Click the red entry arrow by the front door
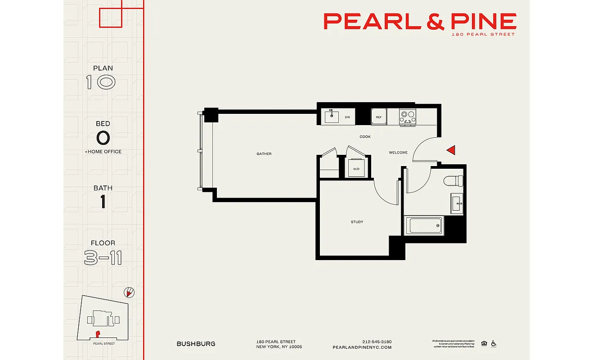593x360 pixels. click(x=451, y=150)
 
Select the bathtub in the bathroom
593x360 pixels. click(x=424, y=225)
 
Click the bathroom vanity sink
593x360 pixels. click(x=457, y=203)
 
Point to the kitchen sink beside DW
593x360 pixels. click(x=332, y=117)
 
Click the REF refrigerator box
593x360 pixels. click(x=379, y=117)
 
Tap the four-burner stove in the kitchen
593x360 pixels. click(x=408, y=117)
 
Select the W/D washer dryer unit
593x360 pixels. click(x=357, y=168)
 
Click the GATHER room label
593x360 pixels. click(x=264, y=154)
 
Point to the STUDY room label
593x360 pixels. click(x=357, y=222)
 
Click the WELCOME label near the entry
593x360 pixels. click(x=398, y=153)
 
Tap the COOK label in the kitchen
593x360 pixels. click(x=365, y=137)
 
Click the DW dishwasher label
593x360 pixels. click(x=347, y=117)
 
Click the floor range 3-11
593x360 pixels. click(x=103, y=258)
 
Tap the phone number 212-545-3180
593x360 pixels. click(x=377, y=342)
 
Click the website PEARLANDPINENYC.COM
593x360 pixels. click(x=362, y=347)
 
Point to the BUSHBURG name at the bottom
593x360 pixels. click(x=196, y=344)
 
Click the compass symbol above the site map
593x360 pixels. click(x=130, y=293)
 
